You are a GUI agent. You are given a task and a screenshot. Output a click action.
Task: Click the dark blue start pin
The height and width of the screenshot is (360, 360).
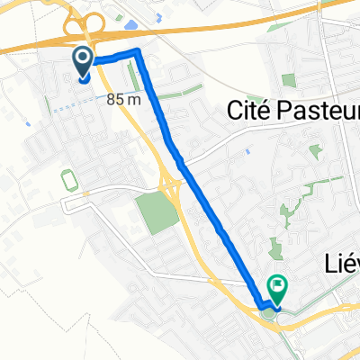click(x=82, y=62)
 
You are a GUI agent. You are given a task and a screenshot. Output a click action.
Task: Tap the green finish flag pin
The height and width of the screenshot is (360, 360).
click(x=278, y=290)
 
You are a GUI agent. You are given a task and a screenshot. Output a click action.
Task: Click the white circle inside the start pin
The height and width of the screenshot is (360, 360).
click(x=82, y=59)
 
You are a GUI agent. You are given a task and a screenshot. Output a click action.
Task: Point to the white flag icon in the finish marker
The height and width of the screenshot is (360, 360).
click(x=278, y=288)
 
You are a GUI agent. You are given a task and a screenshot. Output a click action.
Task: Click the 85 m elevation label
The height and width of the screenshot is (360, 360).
click(x=122, y=100)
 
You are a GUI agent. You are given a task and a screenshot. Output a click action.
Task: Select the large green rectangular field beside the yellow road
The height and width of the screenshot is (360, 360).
click(x=157, y=211)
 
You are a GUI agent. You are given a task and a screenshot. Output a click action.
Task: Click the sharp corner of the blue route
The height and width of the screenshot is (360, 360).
click(x=138, y=53)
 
